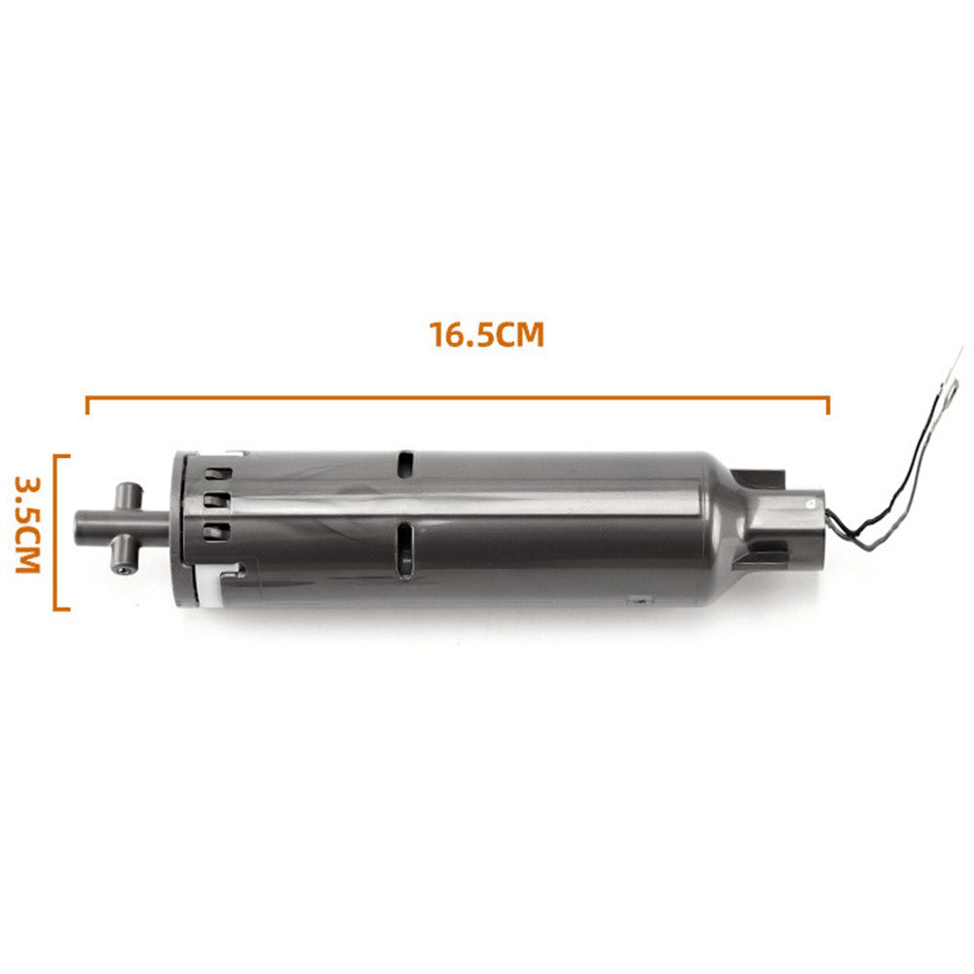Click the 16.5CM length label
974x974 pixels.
(x=486, y=336)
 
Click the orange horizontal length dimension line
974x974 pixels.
(x=458, y=397)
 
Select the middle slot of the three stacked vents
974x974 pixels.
(x=216, y=502)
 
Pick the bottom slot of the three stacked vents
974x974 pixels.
(x=216, y=531)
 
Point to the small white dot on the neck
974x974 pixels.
(x=807, y=503)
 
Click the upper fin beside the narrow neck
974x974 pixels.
(x=760, y=476)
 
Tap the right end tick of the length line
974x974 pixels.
(x=828, y=404)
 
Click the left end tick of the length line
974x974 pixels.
(x=88, y=404)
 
